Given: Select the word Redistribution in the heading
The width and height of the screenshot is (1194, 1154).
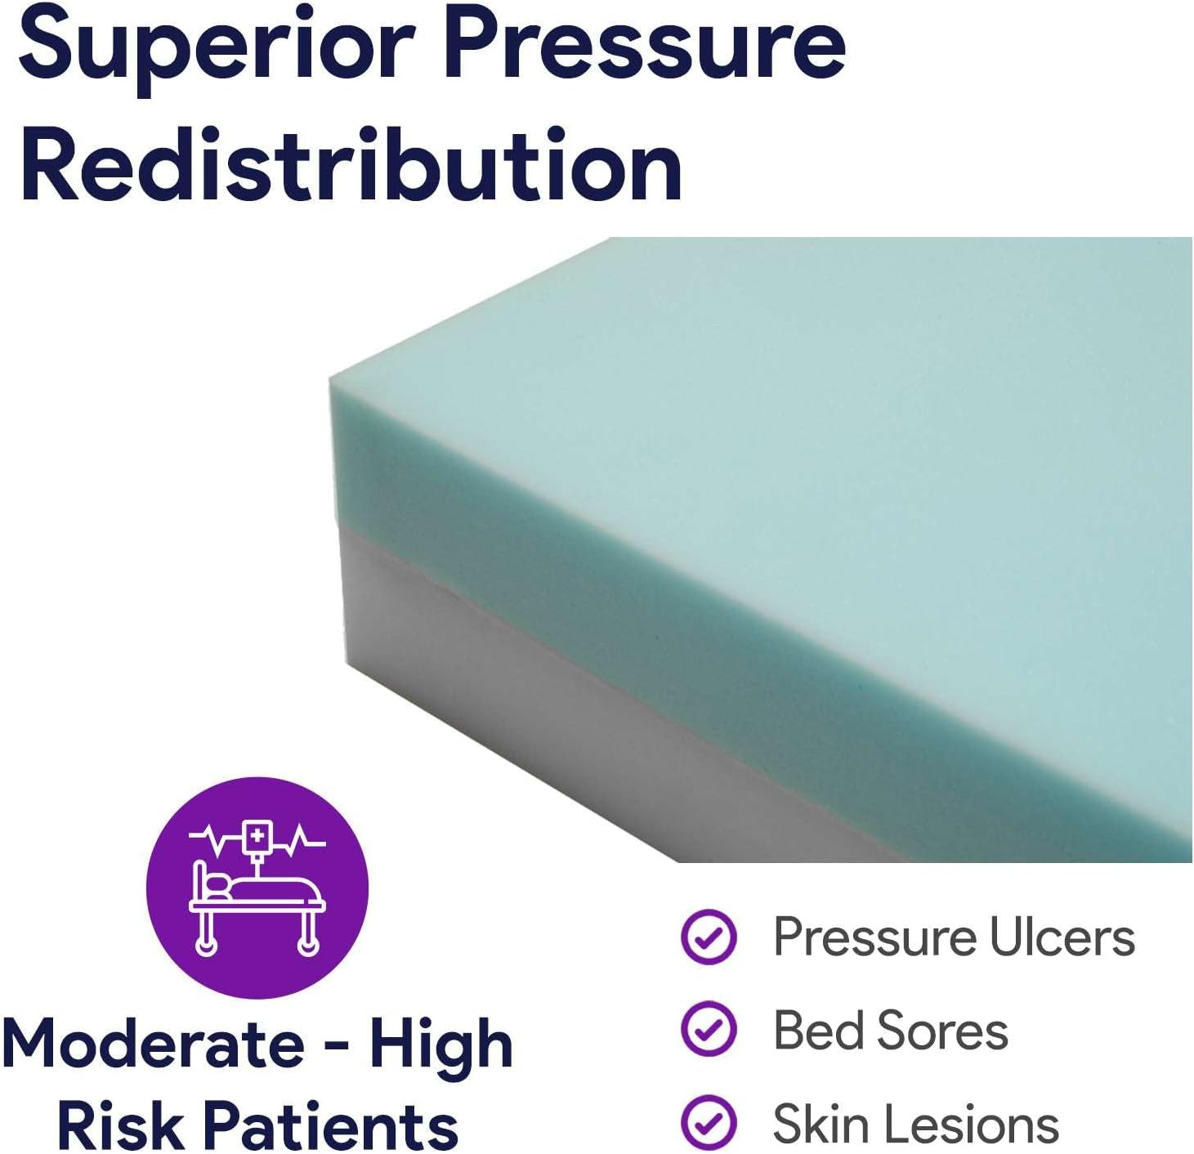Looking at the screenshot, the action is click(351, 163).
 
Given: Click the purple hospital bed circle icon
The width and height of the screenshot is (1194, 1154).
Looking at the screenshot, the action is click(257, 887).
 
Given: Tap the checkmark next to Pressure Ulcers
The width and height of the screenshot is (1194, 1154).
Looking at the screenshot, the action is click(709, 937).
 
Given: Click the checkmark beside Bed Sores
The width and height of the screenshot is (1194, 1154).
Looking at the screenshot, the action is click(709, 1028).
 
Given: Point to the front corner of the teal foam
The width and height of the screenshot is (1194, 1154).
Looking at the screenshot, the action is click(332, 379).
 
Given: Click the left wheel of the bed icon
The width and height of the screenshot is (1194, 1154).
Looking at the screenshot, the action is click(206, 946).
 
